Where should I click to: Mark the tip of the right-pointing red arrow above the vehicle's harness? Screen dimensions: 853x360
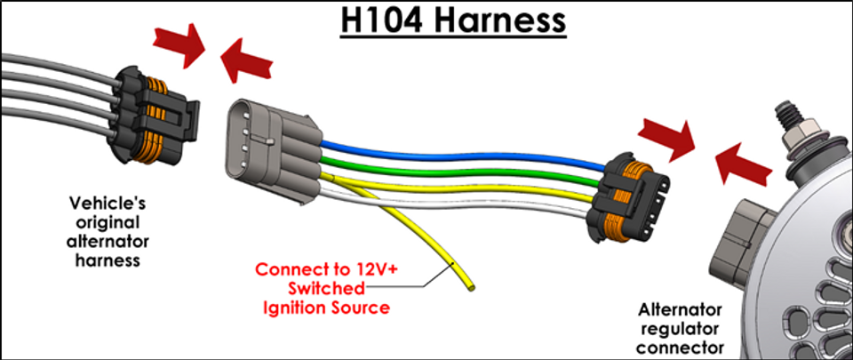204,48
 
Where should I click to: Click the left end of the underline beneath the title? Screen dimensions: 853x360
341,37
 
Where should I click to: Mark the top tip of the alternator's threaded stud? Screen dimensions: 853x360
784,102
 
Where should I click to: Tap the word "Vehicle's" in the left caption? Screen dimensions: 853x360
108,204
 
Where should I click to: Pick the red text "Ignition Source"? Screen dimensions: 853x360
326,308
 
